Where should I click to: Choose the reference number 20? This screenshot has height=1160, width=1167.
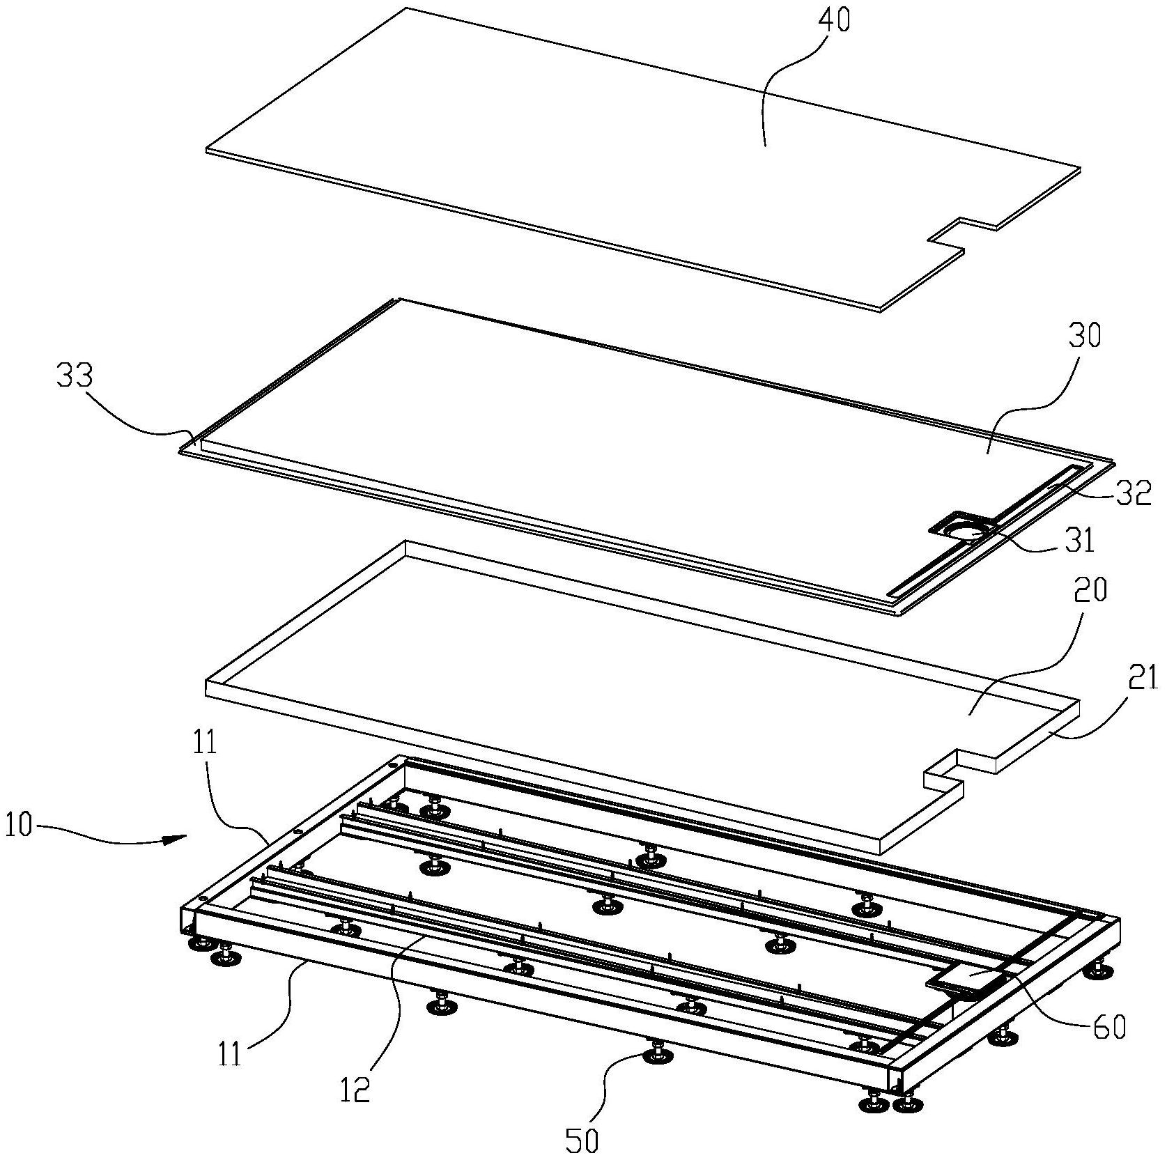1091,591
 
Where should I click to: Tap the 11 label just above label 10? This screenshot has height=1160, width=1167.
202,743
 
